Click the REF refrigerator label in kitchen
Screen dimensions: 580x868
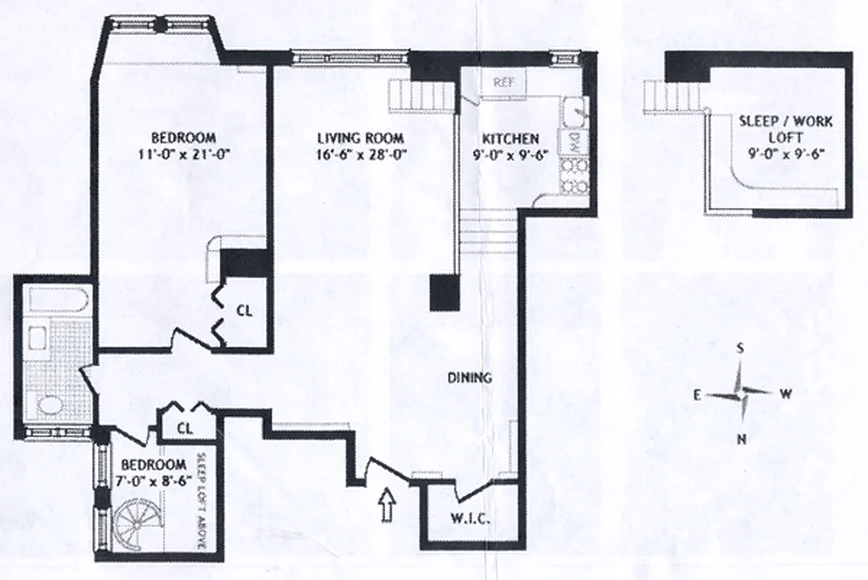[x=504, y=82]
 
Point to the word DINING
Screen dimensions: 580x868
[x=469, y=378]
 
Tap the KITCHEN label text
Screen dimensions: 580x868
[x=512, y=138]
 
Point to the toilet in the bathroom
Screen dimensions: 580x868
[x=52, y=406]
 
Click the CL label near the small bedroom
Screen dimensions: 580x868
[x=186, y=428]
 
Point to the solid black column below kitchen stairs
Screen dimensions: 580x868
[x=445, y=292]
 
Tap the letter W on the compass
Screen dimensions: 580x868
[x=785, y=394]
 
